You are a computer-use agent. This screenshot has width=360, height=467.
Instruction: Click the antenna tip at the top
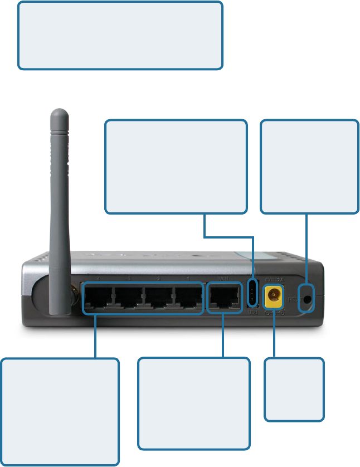59,114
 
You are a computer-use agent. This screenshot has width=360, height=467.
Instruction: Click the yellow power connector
273,296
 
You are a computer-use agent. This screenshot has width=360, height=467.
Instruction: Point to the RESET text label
293,299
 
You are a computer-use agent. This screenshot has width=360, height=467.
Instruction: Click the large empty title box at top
120,35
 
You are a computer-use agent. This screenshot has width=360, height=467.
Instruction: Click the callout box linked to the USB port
176,166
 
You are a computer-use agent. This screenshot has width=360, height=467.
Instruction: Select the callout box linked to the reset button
309,166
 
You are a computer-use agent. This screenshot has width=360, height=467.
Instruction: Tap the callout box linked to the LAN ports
60,411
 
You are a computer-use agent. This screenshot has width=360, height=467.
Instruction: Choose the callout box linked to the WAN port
193,403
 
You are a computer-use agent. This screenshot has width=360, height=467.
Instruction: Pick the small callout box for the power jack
294,389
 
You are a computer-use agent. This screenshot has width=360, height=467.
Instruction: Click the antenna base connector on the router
73,291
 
